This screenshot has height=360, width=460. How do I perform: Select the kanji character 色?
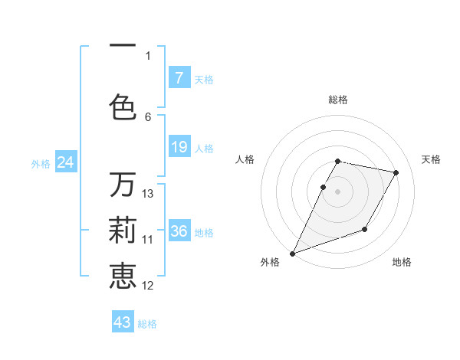123,106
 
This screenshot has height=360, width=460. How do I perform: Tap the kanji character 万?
123,184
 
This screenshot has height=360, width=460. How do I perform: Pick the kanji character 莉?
123,229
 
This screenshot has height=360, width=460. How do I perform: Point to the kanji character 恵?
123,276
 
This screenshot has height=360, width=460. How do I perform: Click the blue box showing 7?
179,77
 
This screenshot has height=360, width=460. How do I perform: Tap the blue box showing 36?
179,231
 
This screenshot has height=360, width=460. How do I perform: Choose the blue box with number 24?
66,162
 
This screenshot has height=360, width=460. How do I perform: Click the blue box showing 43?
123,322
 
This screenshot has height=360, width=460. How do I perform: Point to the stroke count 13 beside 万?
148,194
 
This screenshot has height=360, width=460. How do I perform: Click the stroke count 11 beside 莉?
148,240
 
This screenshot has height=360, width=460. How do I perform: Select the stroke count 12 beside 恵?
148,286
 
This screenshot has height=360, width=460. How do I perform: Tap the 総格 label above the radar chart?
338,100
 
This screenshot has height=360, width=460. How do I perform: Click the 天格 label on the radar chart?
431,159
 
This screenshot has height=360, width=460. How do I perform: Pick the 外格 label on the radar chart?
270,263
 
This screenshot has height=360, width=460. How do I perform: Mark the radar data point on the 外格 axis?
292,253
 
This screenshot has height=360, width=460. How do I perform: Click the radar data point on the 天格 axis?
396,173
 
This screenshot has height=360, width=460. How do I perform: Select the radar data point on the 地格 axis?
365,229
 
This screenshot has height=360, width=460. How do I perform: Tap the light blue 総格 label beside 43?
147,324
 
